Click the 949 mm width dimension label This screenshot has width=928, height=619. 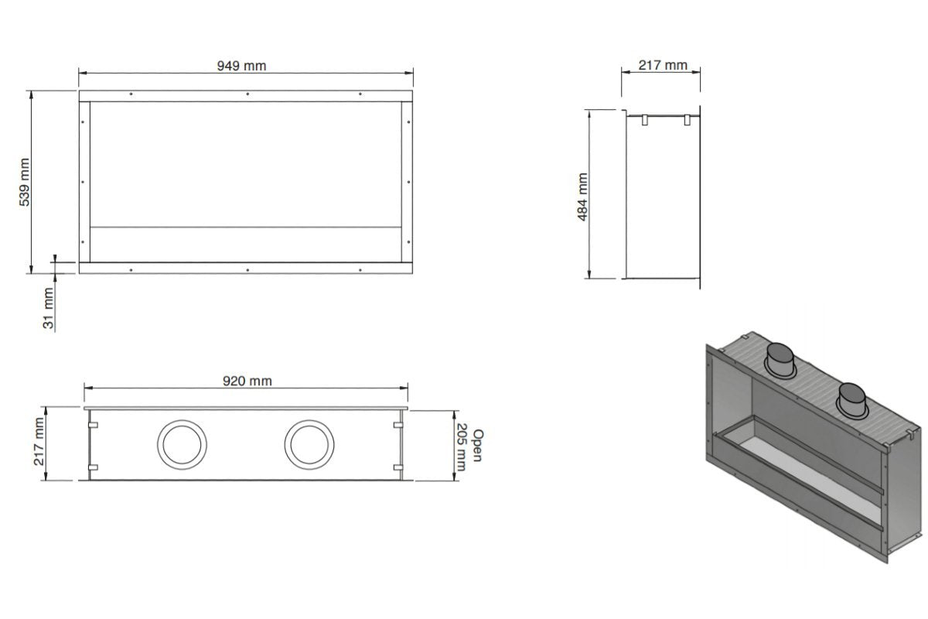pyautogui.click(x=241, y=66)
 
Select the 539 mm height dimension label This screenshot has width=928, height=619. pyautogui.click(x=25, y=182)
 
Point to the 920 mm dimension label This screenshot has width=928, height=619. pyautogui.click(x=247, y=381)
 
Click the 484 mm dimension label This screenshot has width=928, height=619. pyautogui.click(x=583, y=197)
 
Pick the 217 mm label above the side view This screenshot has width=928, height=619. pyautogui.click(x=663, y=65)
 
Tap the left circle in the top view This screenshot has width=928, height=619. pyautogui.click(x=183, y=445)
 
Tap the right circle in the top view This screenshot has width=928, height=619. pyautogui.click(x=309, y=445)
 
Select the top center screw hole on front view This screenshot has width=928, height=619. pyautogui.click(x=247, y=94)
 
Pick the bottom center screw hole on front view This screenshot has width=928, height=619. pyautogui.click(x=247, y=269)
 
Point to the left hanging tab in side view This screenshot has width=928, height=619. pyautogui.click(x=644, y=119)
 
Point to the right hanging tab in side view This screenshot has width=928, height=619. pyautogui.click(x=686, y=119)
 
